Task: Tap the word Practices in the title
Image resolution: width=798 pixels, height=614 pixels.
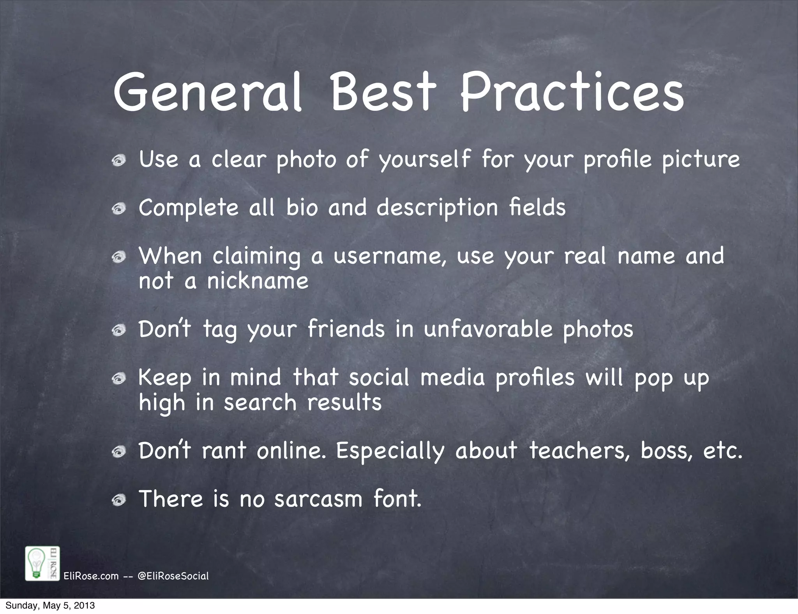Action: click(572, 92)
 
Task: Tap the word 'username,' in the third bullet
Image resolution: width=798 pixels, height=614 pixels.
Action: click(390, 257)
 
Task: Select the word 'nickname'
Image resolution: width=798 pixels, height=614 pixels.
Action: click(258, 281)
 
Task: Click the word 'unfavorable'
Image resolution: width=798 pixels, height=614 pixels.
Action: click(488, 329)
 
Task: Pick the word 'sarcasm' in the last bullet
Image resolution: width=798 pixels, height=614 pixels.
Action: click(318, 499)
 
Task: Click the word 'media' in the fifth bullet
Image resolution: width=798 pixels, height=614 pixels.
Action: click(452, 378)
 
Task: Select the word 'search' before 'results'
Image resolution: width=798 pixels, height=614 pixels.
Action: click(260, 402)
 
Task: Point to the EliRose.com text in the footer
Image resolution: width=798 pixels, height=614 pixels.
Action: click(91, 576)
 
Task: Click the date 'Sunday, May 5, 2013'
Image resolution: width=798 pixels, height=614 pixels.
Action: click(50, 606)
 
